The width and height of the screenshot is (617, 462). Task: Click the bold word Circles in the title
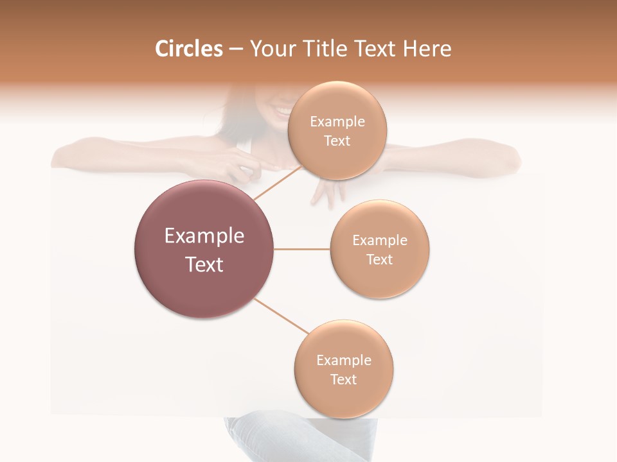188,49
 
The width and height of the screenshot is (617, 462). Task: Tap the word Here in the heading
427,49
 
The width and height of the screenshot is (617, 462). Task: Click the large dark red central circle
204,249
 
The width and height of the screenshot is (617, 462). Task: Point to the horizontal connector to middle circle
301,249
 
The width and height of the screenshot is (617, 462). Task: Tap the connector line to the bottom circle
282,316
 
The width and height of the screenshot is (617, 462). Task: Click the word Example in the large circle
204,235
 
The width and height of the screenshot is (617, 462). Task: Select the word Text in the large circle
204,264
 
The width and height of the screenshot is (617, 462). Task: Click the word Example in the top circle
337,121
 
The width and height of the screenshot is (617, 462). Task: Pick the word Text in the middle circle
379,259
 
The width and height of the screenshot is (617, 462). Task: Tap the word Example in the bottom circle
344,360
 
